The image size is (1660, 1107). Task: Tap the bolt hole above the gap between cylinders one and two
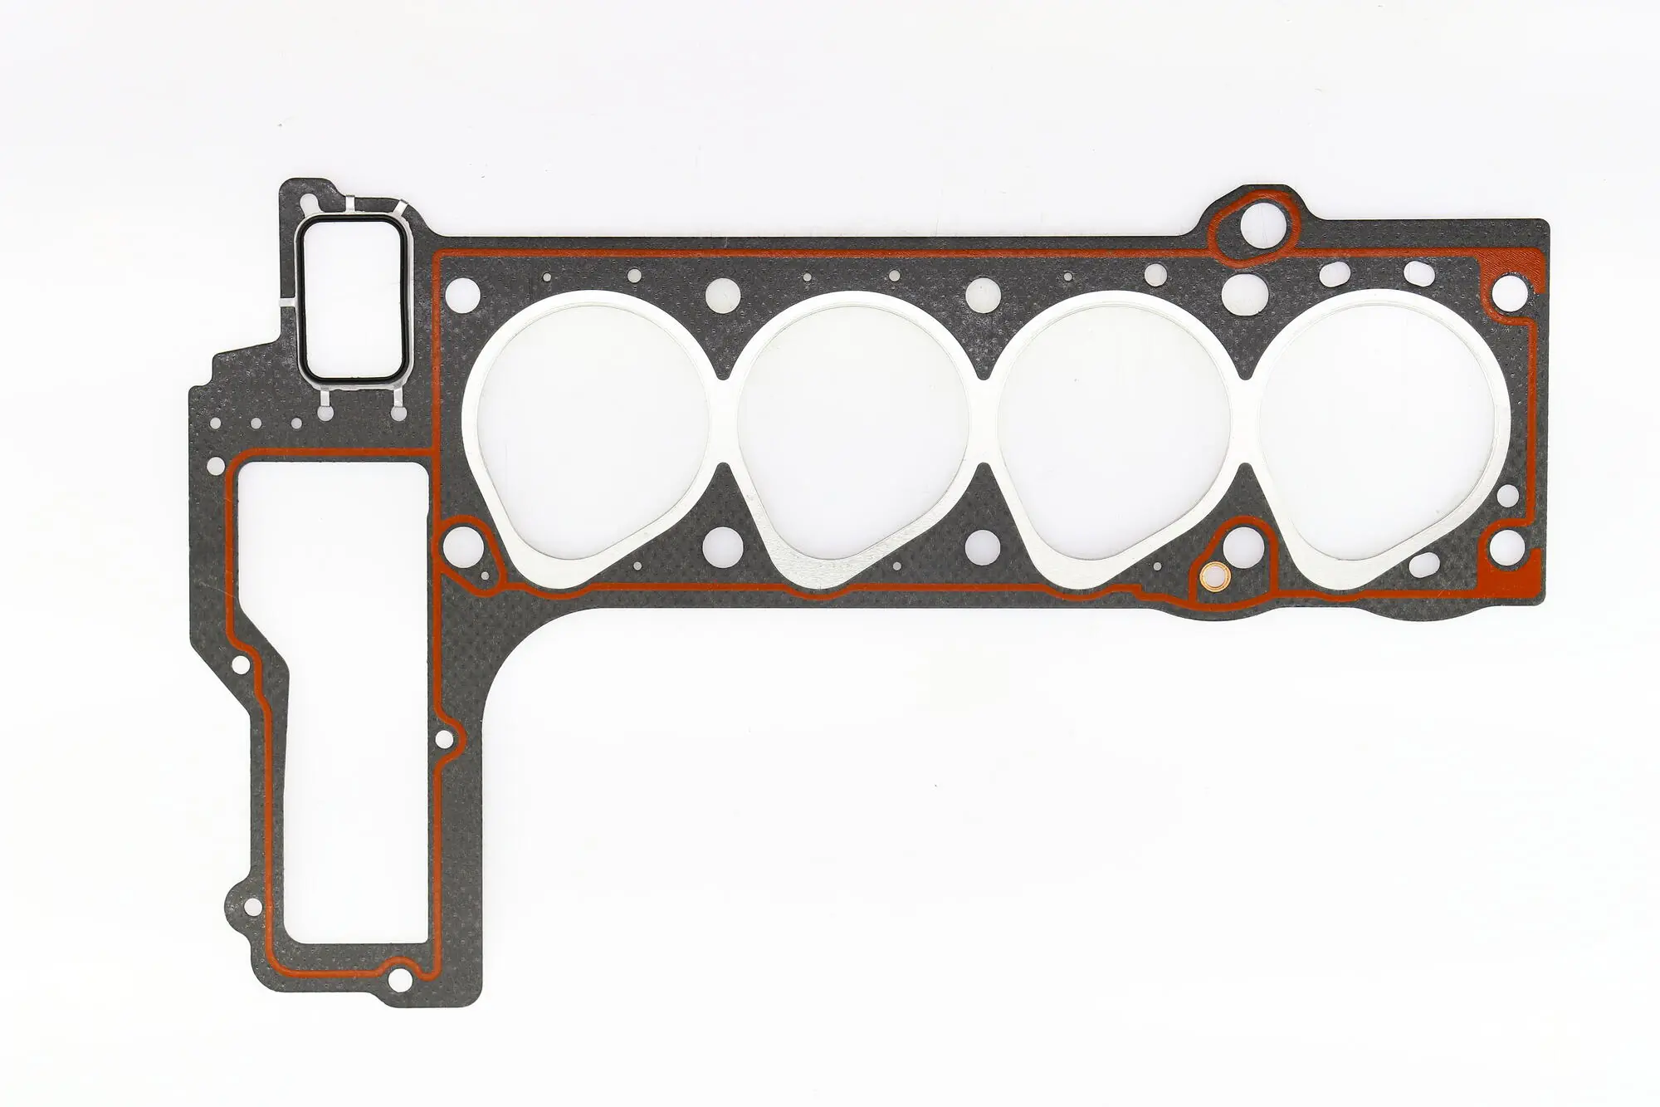pyautogui.click(x=722, y=291)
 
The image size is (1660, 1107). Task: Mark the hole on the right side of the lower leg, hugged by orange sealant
pyautogui.click(x=443, y=737)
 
